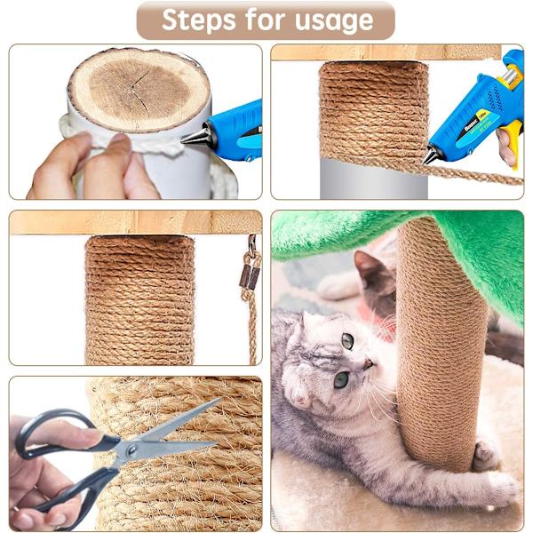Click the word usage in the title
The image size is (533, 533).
[x=334, y=21]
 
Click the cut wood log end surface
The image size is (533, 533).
[x=139, y=89]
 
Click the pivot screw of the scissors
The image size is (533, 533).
[x=131, y=450]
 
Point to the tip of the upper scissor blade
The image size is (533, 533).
[x=220, y=400]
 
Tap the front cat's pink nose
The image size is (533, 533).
[x=369, y=364]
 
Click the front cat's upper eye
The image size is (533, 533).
[x=347, y=341]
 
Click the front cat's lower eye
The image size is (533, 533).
[x=341, y=379]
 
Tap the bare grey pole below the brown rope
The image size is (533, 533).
[x=374, y=179]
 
